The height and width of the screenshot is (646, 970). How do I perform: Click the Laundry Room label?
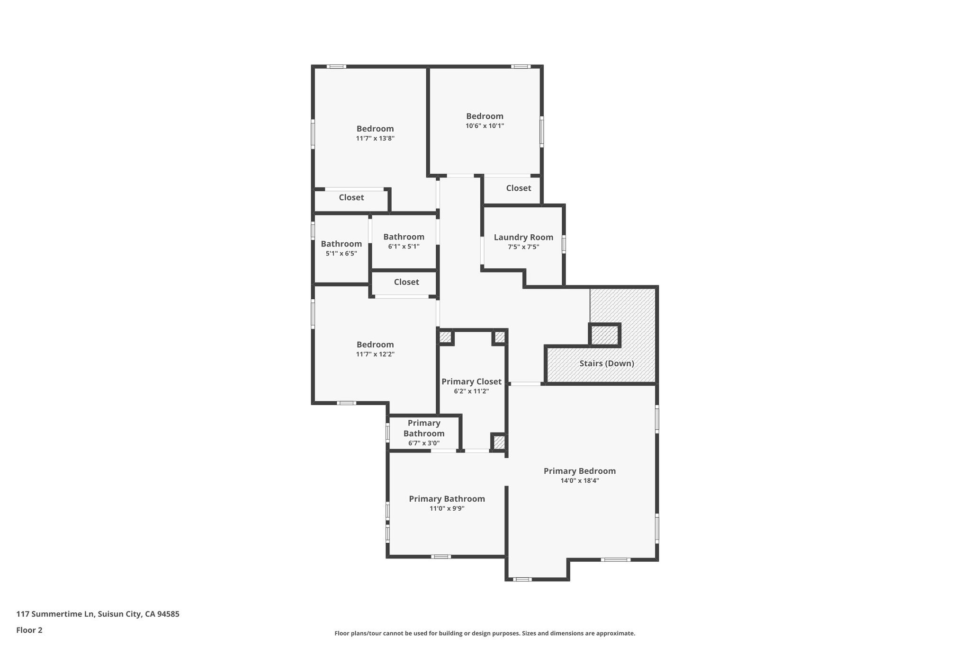click(x=523, y=237)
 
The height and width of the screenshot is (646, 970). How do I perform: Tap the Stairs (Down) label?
click(x=607, y=363)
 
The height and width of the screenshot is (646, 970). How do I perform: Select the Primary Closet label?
click(x=471, y=381)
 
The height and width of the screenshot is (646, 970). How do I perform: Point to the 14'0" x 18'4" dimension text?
click(x=579, y=481)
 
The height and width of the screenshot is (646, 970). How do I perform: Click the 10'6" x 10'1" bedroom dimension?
click(x=485, y=126)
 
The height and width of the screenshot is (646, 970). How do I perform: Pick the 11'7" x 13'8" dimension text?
click(x=375, y=139)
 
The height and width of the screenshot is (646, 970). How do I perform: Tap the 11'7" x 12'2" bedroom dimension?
click(x=375, y=354)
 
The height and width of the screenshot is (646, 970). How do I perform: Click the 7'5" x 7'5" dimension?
click(x=523, y=247)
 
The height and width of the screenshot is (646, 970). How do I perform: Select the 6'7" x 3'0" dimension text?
click(x=424, y=443)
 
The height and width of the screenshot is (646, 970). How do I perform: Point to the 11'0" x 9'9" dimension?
click(x=447, y=509)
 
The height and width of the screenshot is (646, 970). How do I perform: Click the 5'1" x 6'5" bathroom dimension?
click(x=341, y=254)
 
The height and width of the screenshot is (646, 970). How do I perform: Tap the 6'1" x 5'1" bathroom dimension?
click(x=404, y=247)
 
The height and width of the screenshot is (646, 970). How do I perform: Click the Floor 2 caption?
click(x=29, y=630)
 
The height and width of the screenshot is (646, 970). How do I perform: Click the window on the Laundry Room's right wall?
click(x=564, y=244)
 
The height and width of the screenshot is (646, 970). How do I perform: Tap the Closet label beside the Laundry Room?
click(x=518, y=188)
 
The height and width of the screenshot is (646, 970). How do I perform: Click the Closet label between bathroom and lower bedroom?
click(x=406, y=282)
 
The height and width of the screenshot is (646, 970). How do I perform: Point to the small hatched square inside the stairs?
click(x=605, y=335)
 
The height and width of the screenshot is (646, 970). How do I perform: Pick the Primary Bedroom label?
click(x=579, y=471)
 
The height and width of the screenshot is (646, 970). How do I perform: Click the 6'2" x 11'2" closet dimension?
click(x=471, y=391)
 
